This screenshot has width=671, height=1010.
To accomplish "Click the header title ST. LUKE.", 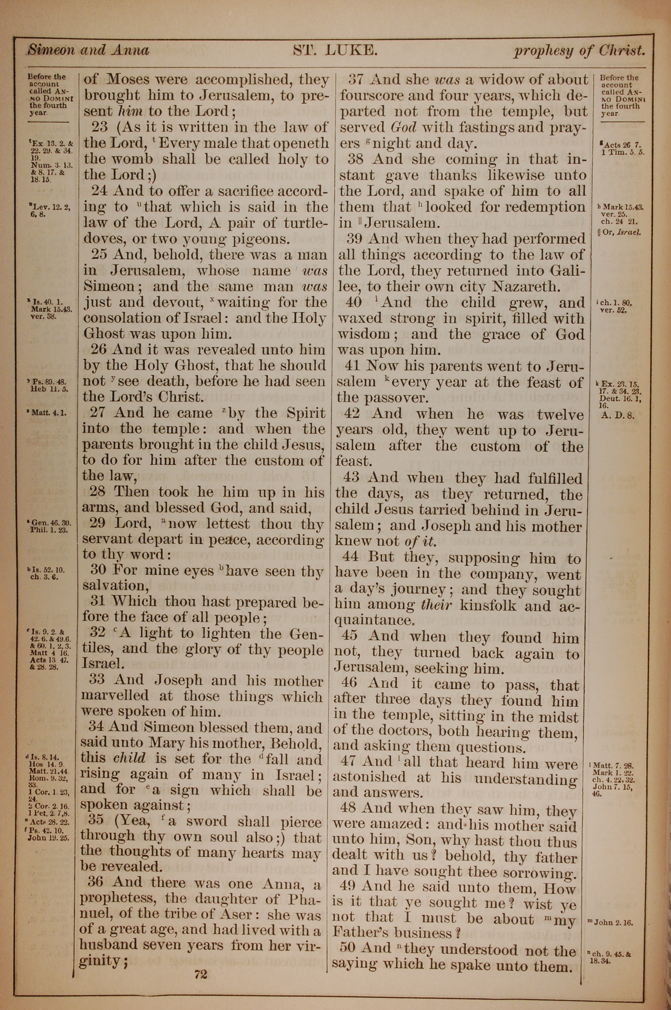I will (x=335, y=51).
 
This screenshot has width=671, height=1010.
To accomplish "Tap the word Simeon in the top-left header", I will (x=52, y=50).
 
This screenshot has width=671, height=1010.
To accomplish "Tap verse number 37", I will (x=359, y=80).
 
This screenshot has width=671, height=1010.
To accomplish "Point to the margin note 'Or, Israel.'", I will (x=621, y=233).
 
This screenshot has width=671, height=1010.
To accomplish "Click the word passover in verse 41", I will (x=396, y=398).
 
